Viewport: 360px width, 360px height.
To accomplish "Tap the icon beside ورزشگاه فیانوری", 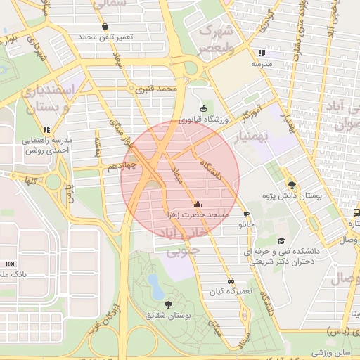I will (203, 108).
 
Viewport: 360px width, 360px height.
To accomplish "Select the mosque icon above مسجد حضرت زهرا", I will (198, 203).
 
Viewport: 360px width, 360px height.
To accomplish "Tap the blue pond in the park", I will (153, 283).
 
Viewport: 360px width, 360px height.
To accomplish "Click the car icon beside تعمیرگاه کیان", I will (231, 281).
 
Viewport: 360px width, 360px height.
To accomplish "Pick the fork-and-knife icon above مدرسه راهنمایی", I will (46, 129).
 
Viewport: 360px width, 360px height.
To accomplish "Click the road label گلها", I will (30, 181).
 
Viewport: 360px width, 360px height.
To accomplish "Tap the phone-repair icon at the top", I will (105, 27).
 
